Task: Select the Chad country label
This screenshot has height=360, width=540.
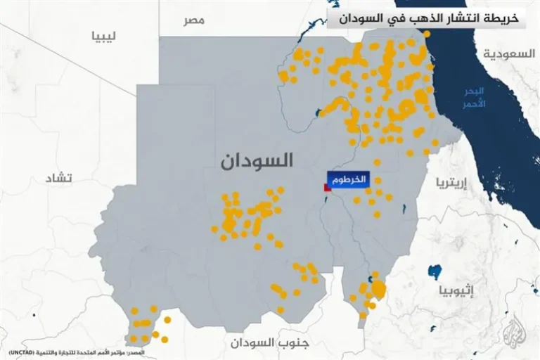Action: [60, 176]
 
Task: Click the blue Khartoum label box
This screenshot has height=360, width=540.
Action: [347, 179]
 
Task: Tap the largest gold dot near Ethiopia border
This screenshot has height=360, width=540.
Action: [379, 288]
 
